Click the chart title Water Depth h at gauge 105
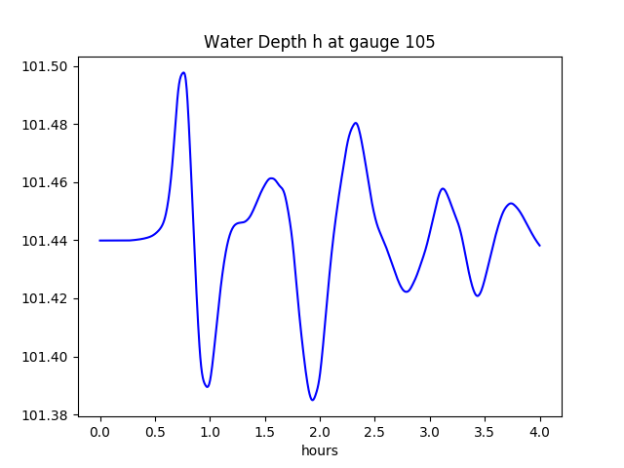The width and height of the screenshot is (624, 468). tap(319, 42)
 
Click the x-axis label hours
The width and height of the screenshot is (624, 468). tap(319, 450)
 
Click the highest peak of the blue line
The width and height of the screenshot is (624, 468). tap(182, 72)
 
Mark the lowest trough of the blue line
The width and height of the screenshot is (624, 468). tap(312, 400)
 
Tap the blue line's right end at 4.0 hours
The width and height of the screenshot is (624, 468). tap(539, 245)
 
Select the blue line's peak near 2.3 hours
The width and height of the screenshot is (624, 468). tap(356, 123)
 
